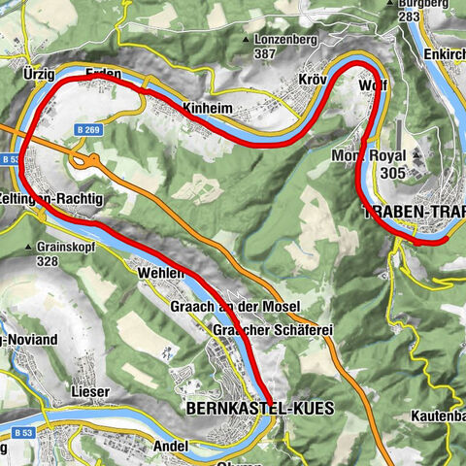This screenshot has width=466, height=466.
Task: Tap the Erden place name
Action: [x=103, y=74]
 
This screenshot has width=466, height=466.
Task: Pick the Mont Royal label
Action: [x=363, y=155]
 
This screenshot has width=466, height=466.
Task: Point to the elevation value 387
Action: [x=264, y=56]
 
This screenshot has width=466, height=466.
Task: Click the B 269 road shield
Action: [x=88, y=128]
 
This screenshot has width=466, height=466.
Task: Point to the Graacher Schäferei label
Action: [x=273, y=331]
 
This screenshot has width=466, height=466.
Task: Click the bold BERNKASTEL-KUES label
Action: [x=257, y=409]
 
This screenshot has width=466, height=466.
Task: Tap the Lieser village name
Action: [x=90, y=391]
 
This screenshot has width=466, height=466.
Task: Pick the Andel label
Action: [x=170, y=446]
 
